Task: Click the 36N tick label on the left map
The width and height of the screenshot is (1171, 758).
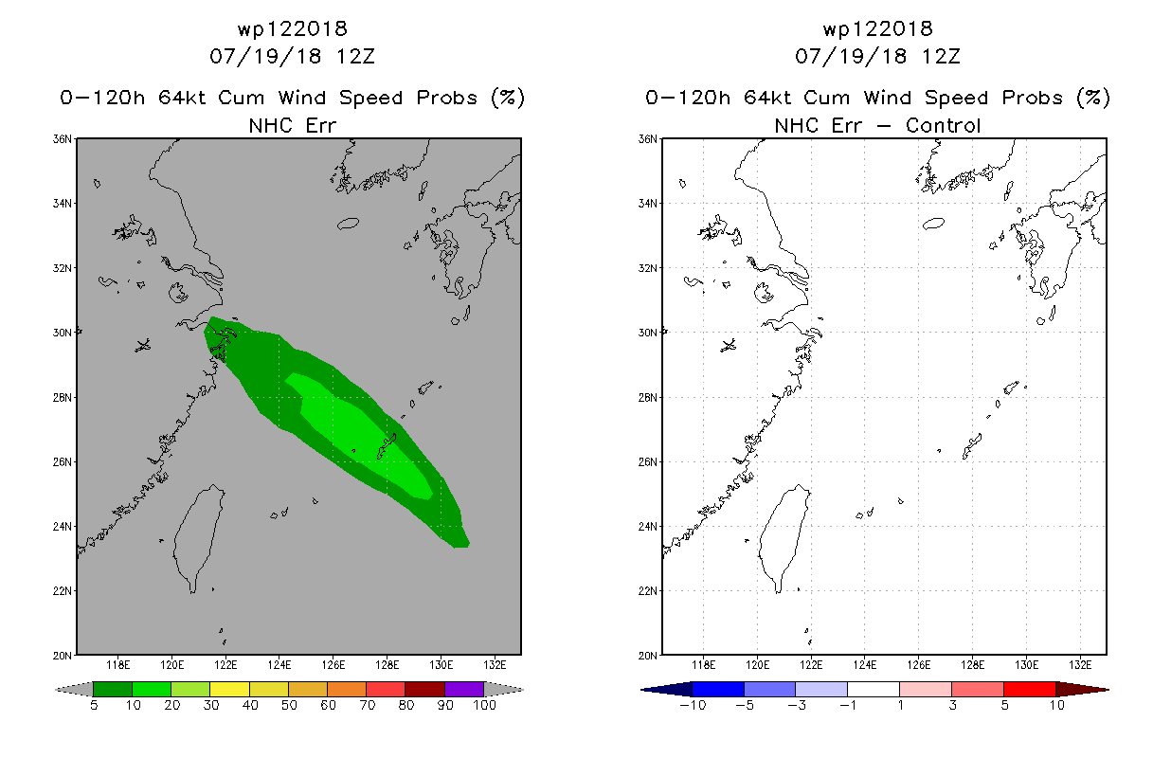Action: tap(63, 139)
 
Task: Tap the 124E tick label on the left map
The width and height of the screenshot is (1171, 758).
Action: tap(279, 665)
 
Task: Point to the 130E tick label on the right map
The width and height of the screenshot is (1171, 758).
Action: tap(1026, 665)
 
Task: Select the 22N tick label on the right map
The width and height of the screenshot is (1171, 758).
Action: tap(648, 590)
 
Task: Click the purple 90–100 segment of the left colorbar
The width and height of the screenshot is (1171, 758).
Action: tap(464, 689)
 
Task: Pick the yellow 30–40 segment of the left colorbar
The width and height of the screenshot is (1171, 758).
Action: tap(230, 689)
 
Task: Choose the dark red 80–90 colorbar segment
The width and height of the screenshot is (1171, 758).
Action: tap(425, 689)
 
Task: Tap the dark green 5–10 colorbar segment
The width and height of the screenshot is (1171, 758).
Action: tap(113, 689)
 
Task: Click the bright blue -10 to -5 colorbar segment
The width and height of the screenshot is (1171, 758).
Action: tap(718, 689)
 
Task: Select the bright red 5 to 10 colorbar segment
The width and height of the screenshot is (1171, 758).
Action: tap(1030, 689)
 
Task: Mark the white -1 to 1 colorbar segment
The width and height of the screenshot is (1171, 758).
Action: tap(874, 689)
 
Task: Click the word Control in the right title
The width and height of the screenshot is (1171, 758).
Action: tap(943, 125)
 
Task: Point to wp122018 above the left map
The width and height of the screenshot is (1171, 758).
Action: tap(293, 29)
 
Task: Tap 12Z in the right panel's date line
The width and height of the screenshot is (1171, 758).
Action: tap(941, 56)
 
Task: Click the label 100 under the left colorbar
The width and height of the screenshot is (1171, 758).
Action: tap(484, 705)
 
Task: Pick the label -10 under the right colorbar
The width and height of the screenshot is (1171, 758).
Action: tap(693, 705)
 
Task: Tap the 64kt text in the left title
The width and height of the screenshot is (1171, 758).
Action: tap(182, 98)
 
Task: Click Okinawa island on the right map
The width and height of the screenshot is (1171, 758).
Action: tap(972, 446)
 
